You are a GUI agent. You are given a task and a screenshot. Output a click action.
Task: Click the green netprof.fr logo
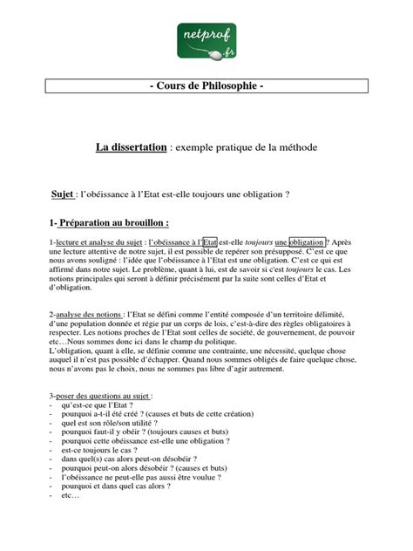click(206, 40)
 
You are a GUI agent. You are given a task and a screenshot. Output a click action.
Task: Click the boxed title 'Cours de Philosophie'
click(206, 88)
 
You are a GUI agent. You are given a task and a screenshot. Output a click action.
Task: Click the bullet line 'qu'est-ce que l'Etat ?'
click(98, 405)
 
